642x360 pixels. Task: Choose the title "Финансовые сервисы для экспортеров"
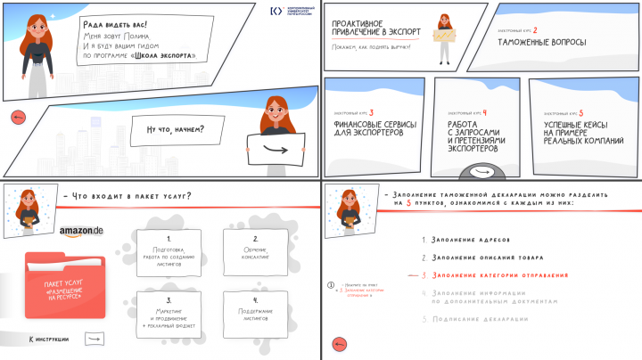pos(366,128)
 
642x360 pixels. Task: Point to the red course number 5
pos(581,113)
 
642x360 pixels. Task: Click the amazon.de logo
pos(81,232)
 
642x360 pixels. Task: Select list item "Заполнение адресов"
pos(470,241)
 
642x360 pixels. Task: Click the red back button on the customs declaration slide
pos(338,344)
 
